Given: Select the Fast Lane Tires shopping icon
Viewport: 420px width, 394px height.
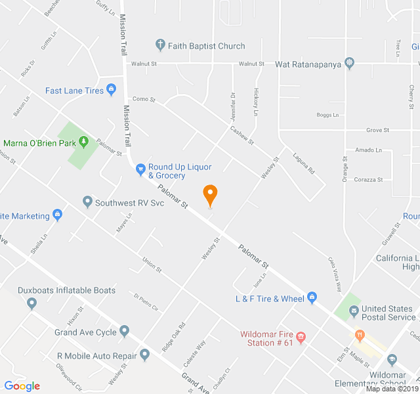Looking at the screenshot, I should [111, 90].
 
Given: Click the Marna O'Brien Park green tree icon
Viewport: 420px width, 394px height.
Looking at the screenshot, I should [83, 142].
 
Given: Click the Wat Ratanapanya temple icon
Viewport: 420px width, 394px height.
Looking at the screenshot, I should [349, 64].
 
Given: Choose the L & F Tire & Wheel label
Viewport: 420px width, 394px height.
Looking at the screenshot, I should [270, 299].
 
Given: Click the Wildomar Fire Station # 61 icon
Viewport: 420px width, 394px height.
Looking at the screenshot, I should [301, 338].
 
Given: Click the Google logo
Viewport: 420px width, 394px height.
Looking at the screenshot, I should [22, 385].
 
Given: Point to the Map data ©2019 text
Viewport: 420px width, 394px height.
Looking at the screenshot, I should [391, 389].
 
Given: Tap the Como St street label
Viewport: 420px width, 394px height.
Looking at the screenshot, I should [143, 99].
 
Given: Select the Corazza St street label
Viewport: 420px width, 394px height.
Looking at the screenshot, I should [367, 179].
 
